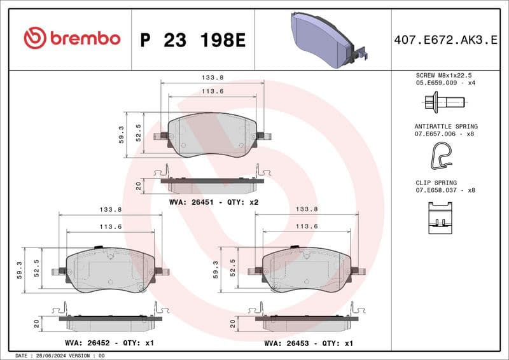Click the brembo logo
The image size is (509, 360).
[71, 38]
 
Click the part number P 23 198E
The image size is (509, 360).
[192, 40]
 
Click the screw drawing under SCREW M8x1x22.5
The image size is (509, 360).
[443, 101]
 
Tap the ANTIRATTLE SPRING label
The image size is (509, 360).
[445, 127]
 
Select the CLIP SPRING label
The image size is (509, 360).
[436, 182]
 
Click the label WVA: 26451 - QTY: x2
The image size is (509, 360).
[214, 202]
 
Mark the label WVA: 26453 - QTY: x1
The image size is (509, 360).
[309, 343]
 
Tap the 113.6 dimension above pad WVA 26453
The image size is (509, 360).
[307, 226]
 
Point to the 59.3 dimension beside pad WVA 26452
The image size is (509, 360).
[19, 270]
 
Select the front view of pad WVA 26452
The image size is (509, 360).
[110, 270]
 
